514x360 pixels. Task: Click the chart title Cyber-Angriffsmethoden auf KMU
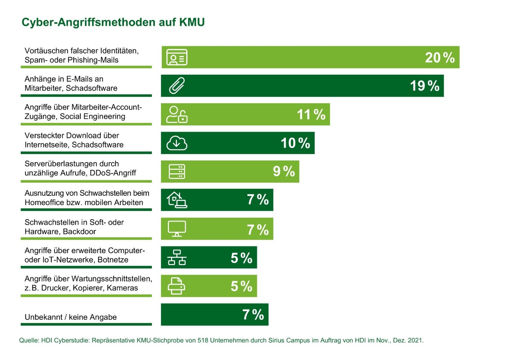(113, 22)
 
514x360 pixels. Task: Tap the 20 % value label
(440, 58)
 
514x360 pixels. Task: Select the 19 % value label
(424, 86)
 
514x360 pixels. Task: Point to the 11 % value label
(311, 115)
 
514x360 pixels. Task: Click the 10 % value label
(295, 143)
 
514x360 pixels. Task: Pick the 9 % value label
(284, 172)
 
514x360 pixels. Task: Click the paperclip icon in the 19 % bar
(177, 86)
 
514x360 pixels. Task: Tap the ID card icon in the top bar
(177, 57)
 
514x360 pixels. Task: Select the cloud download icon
(177, 143)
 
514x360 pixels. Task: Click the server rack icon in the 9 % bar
(177, 172)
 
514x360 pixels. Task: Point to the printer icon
(177, 286)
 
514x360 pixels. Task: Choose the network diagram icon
(177, 257)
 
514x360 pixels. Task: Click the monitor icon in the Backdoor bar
(177, 229)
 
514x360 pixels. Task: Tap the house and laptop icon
(177, 200)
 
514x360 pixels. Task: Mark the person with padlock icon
(177, 114)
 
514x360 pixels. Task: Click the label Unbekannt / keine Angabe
(71, 317)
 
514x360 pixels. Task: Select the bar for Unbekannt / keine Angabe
(214, 315)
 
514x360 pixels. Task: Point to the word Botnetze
(113, 260)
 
